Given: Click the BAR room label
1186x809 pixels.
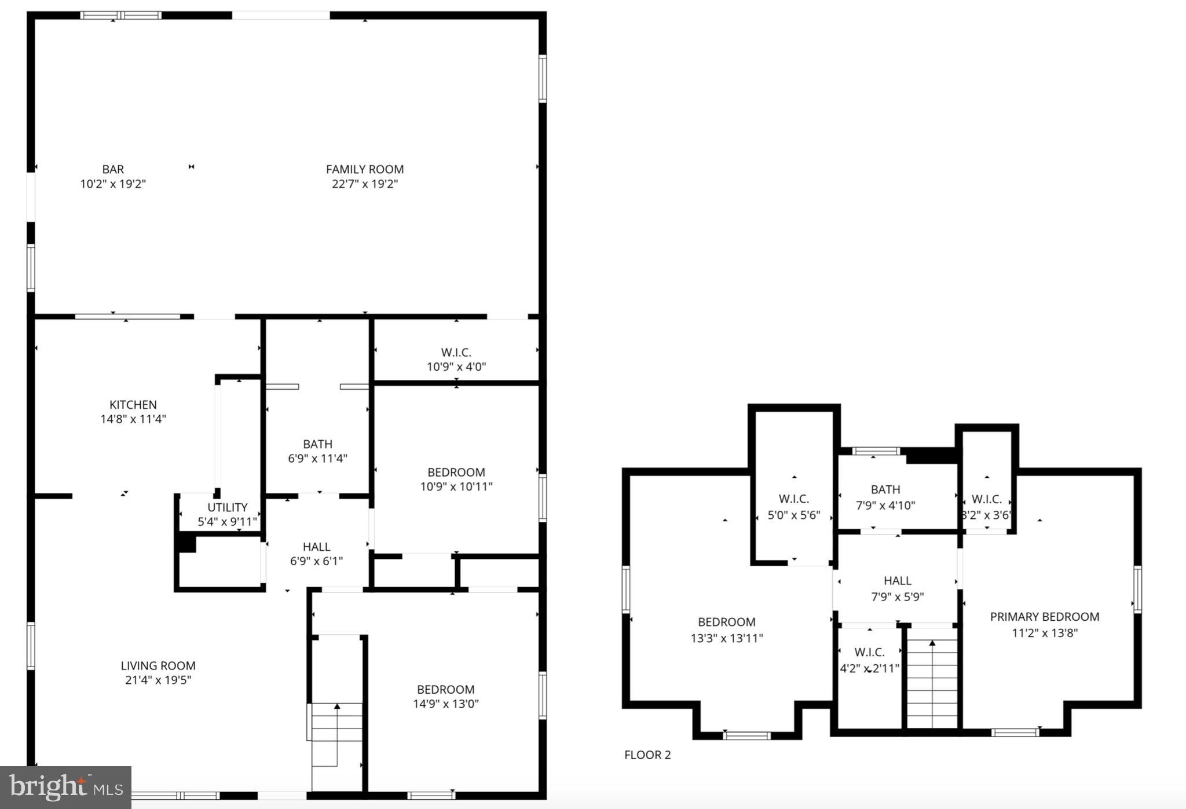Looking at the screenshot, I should point(113,170).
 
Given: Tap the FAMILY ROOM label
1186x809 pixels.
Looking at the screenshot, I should point(364,170).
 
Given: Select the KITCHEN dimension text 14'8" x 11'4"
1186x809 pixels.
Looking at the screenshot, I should point(133,419).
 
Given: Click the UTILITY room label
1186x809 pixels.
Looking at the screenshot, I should point(227,508).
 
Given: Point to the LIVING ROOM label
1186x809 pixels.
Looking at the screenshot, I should point(158,666).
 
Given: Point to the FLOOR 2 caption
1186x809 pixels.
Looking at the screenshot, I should point(647,755).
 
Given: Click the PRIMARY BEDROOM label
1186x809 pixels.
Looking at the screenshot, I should point(1044,617).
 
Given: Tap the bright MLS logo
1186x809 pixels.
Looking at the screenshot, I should point(65,788).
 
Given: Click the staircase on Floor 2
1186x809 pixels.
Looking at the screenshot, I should point(931,683).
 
